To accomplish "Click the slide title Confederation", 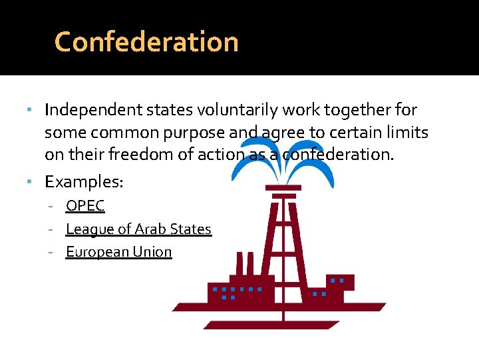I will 146,41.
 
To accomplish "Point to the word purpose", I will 196,133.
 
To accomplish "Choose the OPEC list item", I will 85,206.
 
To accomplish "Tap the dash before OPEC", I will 59,206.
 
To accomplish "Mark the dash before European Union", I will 59,252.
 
